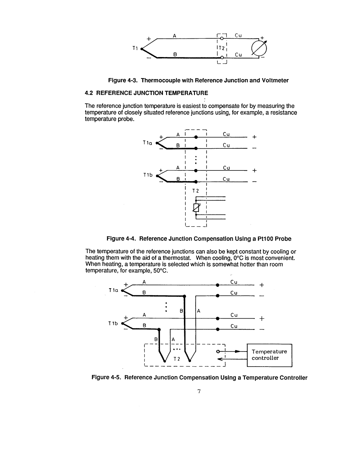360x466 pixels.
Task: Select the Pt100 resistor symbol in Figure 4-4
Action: coord(197,207)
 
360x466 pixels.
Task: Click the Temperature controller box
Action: coord(269,355)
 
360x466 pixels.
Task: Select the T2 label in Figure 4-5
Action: coord(177,359)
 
